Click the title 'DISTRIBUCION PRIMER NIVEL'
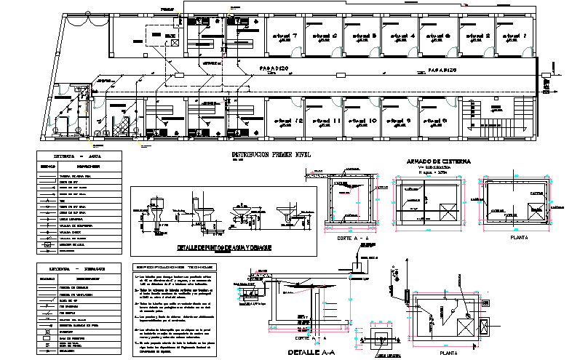tap(270, 154)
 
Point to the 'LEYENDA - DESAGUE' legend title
tap(74, 268)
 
